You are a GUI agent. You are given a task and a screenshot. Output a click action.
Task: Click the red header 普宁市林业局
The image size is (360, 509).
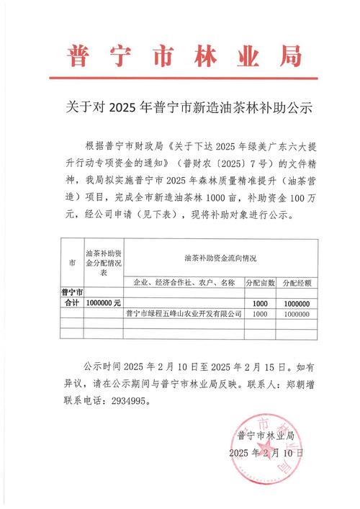(179, 55)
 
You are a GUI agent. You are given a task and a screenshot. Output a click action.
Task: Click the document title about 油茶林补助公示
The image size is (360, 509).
(179, 110)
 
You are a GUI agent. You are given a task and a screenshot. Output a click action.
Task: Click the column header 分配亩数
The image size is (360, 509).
(261, 282)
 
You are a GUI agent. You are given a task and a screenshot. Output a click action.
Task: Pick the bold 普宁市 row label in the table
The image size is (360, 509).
(71, 293)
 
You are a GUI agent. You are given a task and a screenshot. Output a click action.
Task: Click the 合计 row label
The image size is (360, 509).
(71, 304)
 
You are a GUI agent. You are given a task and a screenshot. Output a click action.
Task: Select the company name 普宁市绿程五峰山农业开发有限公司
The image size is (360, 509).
(183, 314)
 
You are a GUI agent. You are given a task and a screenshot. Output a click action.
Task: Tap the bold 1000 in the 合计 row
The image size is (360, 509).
(261, 304)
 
